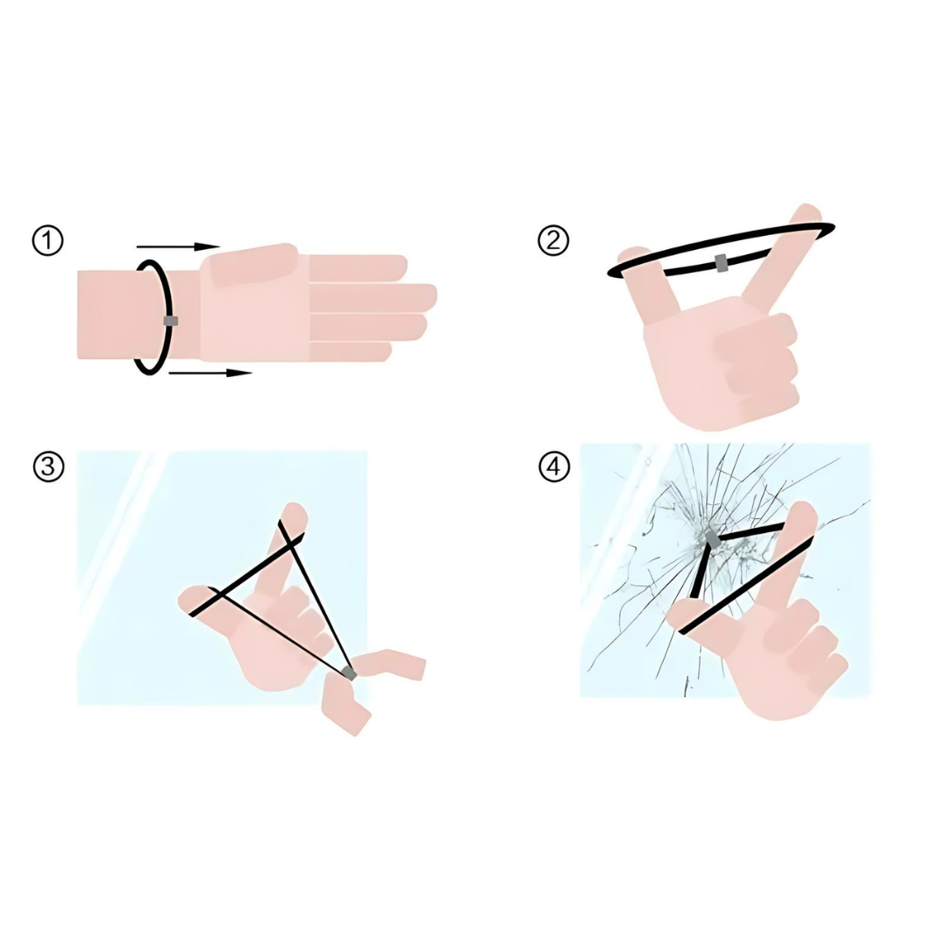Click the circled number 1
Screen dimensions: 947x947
click(47, 241)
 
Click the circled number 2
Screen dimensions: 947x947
click(553, 241)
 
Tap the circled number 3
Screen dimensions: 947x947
click(48, 466)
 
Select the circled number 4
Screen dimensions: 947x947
click(554, 466)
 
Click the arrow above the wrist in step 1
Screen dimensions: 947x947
click(178, 246)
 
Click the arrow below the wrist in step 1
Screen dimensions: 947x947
click(210, 374)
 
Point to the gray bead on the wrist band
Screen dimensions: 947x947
click(171, 321)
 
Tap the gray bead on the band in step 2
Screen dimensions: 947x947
click(721, 263)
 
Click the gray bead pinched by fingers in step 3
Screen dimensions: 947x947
click(349, 673)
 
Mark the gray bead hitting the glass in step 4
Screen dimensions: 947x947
click(713, 540)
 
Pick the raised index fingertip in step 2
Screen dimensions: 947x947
click(807, 215)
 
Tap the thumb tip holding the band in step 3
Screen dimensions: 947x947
click(192, 599)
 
